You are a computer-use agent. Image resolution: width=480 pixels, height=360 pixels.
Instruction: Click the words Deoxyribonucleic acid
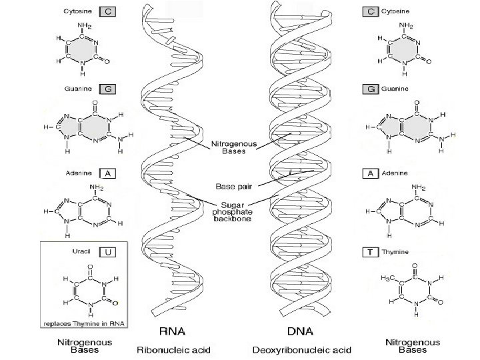point(302,349)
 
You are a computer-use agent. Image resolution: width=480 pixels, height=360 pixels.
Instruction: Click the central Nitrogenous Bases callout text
point(230,147)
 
